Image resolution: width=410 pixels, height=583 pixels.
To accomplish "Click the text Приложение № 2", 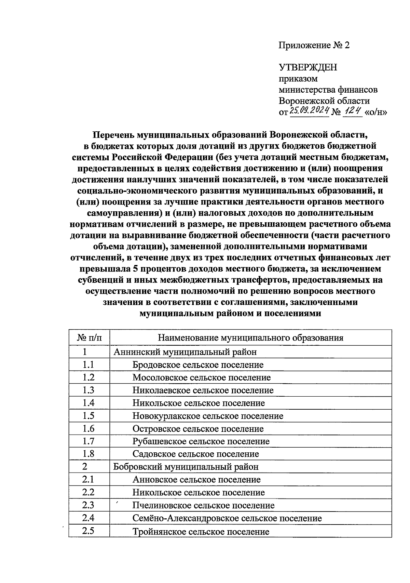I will tap(314, 45).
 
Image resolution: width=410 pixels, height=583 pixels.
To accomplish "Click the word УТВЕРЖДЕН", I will tap(307, 67).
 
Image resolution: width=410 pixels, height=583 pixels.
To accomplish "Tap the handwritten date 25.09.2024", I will tap(309, 110).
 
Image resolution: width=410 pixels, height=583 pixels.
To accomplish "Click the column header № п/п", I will tap(89, 338).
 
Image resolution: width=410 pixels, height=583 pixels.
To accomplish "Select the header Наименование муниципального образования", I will tap(250, 338).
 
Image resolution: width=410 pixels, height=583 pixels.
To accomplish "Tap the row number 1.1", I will tap(88, 365).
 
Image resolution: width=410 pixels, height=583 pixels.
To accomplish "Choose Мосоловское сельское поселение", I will tap(202, 377).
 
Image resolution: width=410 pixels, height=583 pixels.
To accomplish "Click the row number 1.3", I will tap(88, 390).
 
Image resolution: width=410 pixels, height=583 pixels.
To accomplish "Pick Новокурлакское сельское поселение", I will tap(208, 416).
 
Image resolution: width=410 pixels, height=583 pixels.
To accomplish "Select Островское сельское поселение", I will tap(198, 429).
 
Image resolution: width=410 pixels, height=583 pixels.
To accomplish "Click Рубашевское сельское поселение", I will tap(201, 441).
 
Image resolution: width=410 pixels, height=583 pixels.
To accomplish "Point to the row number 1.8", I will tap(88, 454).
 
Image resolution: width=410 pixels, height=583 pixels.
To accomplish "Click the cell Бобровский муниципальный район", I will tap(186, 467).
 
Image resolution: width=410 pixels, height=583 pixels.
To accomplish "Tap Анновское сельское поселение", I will tap(196, 480).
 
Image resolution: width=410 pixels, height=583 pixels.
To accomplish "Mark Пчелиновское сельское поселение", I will tap(203, 505).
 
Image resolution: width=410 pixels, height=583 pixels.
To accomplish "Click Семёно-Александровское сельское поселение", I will tap(227, 518).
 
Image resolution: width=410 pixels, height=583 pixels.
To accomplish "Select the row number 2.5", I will tap(88, 531).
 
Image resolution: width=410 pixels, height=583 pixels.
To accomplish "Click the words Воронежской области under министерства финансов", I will tap(324, 101).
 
